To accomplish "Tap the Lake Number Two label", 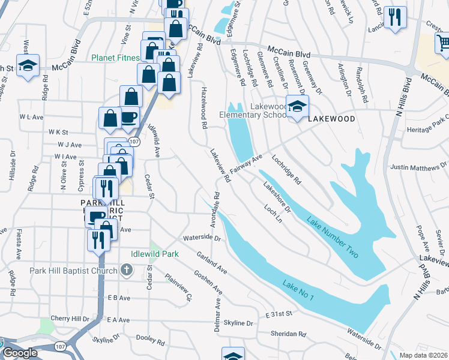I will pyautogui.click(x=332, y=238).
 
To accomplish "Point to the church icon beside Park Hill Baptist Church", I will pyautogui.click(x=126, y=271).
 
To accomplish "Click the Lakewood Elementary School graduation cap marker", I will pyautogui.click(x=297, y=107).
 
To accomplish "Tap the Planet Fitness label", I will pyautogui.click(x=115, y=58).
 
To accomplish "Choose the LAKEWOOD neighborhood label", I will pyautogui.click(x=331, y=119).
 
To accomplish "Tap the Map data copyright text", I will pyautogui.click(x=424, y=355).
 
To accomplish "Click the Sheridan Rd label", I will pyautogui.click(x=290, y=334).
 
